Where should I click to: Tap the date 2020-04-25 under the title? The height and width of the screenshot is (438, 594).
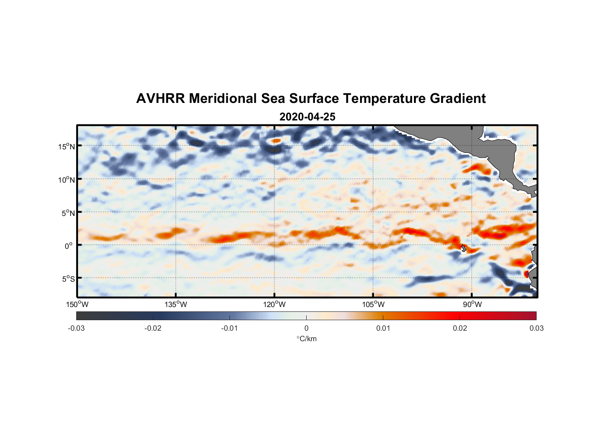pyautogui.click(x=307, y=117)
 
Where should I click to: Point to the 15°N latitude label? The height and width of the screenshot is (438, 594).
pyautogui.click(x=67, y=146)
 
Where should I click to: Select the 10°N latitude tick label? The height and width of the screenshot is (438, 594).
pyautogui.click(x=67, y=180)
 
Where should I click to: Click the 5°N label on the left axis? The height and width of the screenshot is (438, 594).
pyautogui.click(x=68, y=213)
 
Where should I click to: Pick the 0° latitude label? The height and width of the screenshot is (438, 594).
pyautogui.click(x=69, y=246)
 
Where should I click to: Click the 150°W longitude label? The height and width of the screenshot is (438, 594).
pyautogui.click(x=78, y=305)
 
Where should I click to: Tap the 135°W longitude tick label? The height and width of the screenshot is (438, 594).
pyautogui.click(x=176, y=305)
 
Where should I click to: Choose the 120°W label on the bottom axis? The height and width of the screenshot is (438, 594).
pyautogui.click(x=275, y=305)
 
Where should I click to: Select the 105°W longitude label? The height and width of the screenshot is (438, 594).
pyautogui.click(x=373, y=305)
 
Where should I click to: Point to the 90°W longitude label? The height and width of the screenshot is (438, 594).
pyautogui.click(x=472, y=305)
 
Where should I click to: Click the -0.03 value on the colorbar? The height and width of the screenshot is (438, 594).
pyautogui.click(x=76, y=328)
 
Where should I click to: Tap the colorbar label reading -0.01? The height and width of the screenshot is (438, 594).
pyautogui.click(x=230, y=328)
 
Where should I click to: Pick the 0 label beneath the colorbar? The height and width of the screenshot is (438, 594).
pyautogui.click(x=306, y=328)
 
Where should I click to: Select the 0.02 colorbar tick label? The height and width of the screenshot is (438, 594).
pyautogui.click(x=460, y=328)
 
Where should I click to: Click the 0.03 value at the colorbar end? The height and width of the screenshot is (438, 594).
pyautogui.click(x=536, y=328)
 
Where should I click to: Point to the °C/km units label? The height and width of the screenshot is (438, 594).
pyautogui.click(x=306, y=339)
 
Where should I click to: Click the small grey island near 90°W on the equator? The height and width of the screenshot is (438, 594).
pyautogui.click(x=464, y=248)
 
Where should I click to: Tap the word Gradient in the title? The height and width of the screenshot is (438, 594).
pyautogui.click(x=458, y=99)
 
